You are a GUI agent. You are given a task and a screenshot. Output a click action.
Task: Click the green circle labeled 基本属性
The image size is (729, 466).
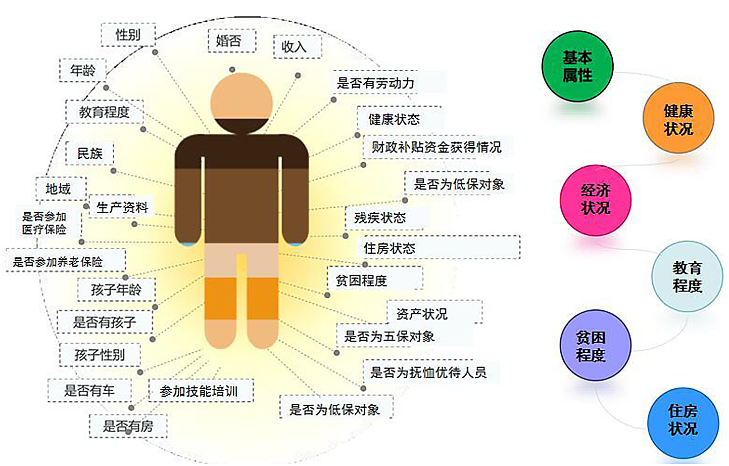(x=577, y=66)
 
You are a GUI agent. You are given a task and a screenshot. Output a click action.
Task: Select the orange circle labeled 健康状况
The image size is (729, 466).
(x=678, y=118)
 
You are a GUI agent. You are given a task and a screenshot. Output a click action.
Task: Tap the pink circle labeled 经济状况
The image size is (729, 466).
(x=596, y=200)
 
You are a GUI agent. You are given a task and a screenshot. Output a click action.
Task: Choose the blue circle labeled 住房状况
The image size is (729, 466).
(x=683, y=423)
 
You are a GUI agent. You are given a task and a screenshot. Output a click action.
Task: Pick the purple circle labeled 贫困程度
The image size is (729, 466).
(x=596, y=346)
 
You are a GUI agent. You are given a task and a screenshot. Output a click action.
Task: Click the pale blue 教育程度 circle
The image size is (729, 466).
(x=687, y=276)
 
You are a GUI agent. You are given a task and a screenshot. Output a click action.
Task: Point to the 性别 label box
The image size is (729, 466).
(x=128, y=34)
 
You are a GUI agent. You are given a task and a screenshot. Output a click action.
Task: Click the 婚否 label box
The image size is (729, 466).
(x=232, y=41)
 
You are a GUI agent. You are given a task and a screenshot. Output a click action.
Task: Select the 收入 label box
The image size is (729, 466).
(x=298, y=46)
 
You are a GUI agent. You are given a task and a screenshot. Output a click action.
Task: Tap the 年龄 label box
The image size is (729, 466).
(x=83, y=70)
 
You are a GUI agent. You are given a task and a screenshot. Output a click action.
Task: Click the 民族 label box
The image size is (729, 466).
(x=90, y=153)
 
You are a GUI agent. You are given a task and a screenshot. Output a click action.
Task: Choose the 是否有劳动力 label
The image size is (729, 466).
(x=375, y=83)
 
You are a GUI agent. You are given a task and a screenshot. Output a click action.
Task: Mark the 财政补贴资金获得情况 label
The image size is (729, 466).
(x=436, y=147)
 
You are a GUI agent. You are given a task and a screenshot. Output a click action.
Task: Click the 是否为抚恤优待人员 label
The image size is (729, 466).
(x=428, y=372)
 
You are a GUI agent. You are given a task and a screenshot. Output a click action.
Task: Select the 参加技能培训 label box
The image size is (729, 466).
(x=201, y=391)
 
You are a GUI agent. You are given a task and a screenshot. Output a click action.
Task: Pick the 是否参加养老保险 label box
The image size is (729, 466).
(x=66, y=260)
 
